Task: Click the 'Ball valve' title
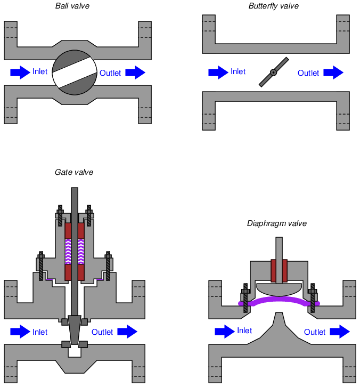point(72,6)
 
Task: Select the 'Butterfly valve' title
point(273,6)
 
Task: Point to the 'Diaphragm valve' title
point(276,223)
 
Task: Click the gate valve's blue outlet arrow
point(127,332)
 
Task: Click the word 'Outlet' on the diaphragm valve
point(315,332)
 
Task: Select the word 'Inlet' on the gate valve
point(40,332)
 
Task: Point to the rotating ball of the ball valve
point(75,72)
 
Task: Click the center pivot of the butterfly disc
point(273,72)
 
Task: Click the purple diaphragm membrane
point(279,301)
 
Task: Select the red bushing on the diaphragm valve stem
point(279,270)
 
